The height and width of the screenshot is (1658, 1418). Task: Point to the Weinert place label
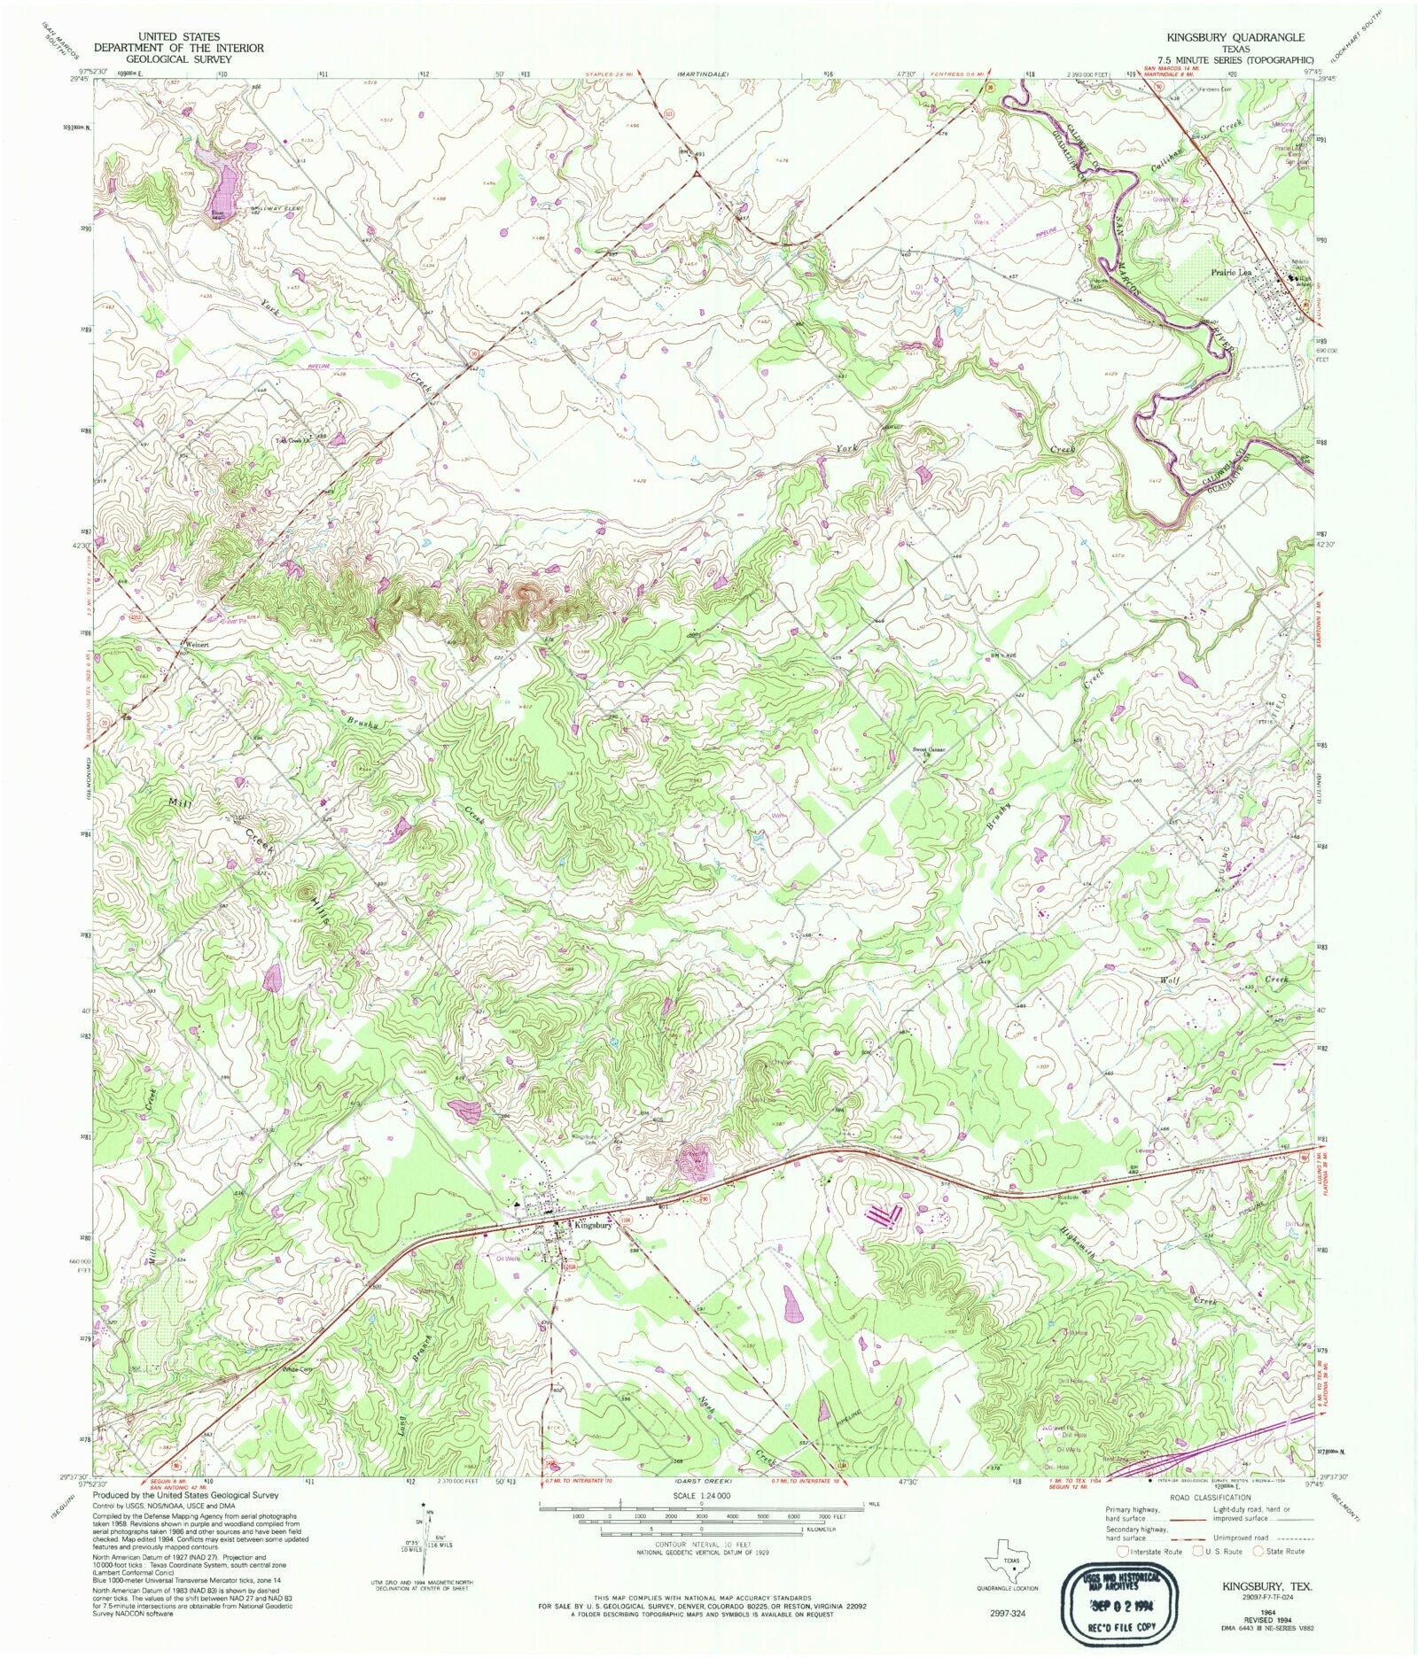[x=196, y=645]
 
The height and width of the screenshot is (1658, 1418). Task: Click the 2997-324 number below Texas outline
[x=1009, y=1614]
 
